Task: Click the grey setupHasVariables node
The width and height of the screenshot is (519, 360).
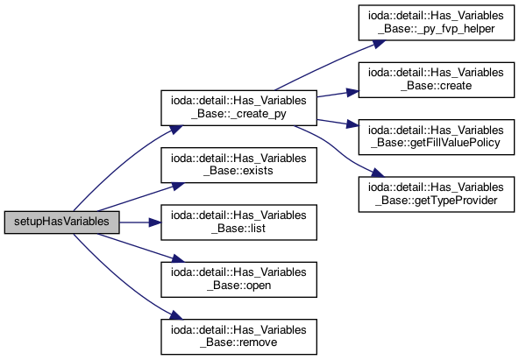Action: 62,222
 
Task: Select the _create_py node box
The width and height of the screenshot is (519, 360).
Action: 238,108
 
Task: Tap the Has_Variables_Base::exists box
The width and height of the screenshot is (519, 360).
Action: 238,165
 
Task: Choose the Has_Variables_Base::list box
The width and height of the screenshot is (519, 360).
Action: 238,222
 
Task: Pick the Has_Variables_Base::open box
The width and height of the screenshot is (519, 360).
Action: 238,279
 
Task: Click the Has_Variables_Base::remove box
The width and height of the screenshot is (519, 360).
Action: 238,336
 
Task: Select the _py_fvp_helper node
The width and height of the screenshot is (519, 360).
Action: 437,23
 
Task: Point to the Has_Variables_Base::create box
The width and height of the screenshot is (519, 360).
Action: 437,80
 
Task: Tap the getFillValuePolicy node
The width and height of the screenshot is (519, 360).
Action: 437,137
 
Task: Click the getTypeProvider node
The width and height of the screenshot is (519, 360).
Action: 437,194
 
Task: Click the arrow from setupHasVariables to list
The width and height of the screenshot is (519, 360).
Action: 140,222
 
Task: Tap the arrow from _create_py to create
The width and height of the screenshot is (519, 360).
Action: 338,94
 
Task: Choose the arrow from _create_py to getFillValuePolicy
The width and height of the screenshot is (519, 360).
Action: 338,123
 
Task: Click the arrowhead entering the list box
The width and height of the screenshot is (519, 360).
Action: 155,222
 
